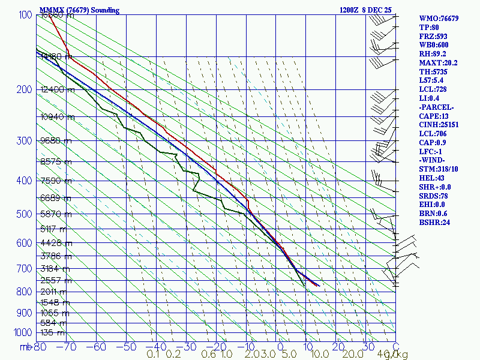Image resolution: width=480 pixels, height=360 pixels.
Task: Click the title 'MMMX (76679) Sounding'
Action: (79, 10)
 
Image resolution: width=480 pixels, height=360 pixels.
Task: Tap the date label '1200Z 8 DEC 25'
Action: (366, 10)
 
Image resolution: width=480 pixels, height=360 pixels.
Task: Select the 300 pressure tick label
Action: (23, 140)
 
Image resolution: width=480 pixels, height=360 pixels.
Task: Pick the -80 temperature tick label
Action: (40, 347)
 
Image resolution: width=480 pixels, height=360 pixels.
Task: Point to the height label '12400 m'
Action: (58, 90)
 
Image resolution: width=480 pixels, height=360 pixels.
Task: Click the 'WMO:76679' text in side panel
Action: (439, 19)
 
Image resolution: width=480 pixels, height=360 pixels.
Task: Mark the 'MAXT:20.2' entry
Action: (438, 63)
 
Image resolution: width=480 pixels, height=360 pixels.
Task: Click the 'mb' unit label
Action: (26, 347)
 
